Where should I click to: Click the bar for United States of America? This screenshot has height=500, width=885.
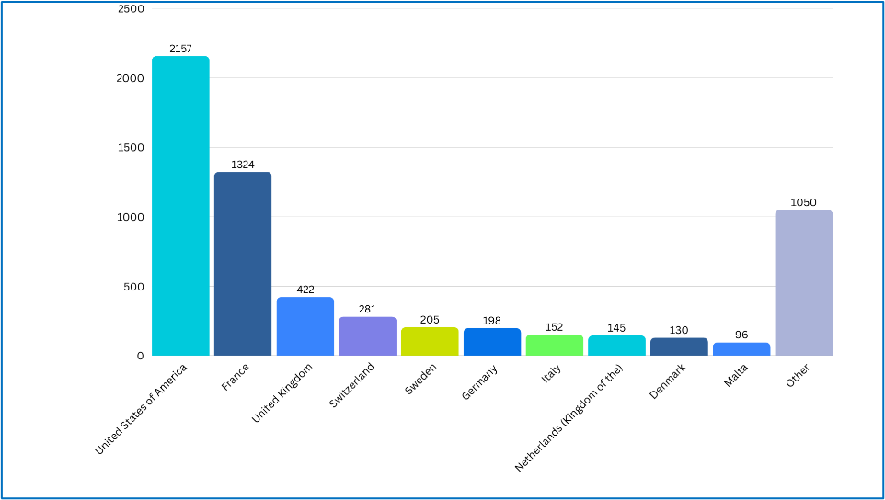coord(180,206)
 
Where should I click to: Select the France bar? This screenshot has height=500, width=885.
coord(243,264)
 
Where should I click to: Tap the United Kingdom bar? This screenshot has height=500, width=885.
coord(305,326)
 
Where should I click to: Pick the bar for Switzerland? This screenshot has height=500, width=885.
coord(367,336)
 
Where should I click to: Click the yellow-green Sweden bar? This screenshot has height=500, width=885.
coord(430,342)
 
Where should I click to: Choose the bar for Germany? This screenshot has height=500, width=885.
coord(492,342)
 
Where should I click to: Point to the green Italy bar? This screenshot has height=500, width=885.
coord(555,345)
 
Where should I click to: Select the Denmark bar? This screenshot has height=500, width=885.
coord(679,347)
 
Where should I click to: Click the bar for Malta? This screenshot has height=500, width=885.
coord(741,349)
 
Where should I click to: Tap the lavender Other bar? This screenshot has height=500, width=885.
coord(804,283)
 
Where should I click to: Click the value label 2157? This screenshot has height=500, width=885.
coord(180,49)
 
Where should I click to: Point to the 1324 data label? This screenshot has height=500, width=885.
coord(243,165)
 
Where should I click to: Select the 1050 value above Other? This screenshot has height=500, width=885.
coord(804,202)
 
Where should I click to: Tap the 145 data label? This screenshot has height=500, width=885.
coord(616,328)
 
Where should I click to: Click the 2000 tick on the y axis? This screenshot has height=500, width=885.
coord(130,78)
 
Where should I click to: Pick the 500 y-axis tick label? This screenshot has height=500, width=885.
coord(133,286)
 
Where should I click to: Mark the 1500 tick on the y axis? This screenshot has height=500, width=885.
coord(130,147)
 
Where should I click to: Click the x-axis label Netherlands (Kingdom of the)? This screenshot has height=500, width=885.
coord(570,417)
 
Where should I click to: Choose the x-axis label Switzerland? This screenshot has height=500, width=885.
coord(352,385)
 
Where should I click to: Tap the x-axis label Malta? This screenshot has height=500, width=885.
coord(736,375)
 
